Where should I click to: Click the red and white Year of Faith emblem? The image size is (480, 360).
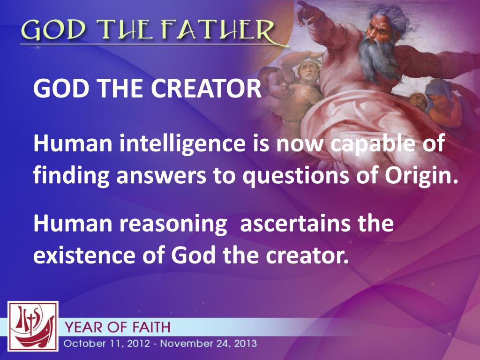(33, 326)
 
